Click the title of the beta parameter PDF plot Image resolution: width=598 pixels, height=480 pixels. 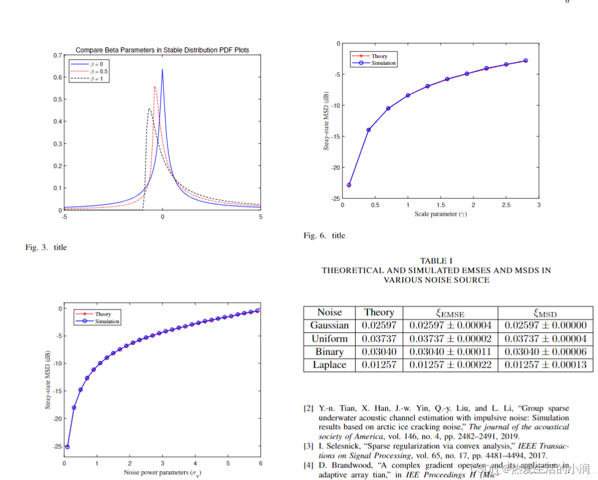click(162, 50)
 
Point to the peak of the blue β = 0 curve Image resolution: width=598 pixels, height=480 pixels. click(162, 69)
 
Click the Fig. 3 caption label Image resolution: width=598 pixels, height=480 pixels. click(38, 247)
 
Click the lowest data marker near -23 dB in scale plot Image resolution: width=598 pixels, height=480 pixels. click(349, 185)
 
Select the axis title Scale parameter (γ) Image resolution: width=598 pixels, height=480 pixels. click(440, 214)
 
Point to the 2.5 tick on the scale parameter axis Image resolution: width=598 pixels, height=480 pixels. click(506, 206)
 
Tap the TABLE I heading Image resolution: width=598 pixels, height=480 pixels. click(436, 260)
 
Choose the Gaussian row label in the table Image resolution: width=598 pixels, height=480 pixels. click(330, 325)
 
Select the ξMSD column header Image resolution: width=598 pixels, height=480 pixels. click(545, 312)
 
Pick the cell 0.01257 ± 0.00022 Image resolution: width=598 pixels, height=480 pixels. click(450, 365)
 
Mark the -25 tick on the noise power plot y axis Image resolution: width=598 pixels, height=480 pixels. click(57, 446)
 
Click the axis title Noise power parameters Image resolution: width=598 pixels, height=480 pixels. click(162, 472)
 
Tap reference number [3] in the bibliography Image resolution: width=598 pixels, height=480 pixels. click(309, 446)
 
